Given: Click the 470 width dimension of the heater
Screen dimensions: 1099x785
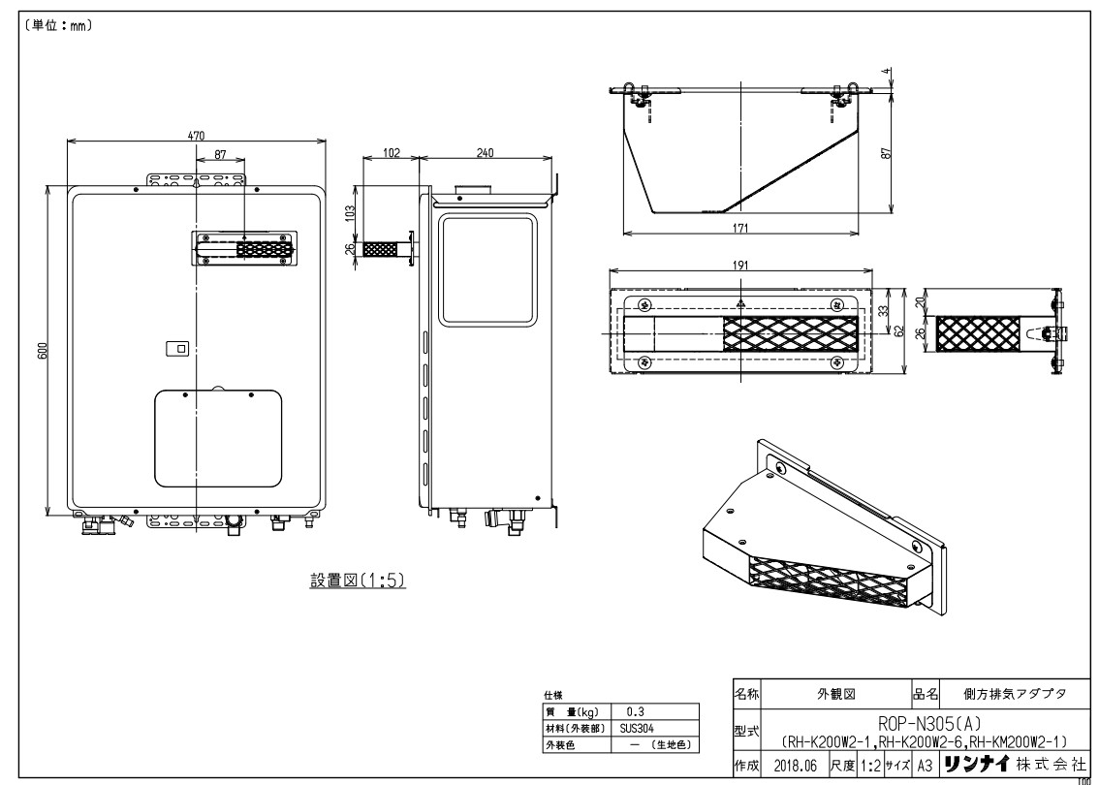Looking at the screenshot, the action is pos(196,136).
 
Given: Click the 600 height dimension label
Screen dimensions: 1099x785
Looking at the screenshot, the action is pos(43,351).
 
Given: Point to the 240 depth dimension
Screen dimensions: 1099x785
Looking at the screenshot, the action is pos(485,153).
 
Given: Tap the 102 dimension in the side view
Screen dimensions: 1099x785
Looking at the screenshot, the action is pos(392,153).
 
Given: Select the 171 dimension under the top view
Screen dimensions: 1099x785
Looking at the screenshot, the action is pos(740,228).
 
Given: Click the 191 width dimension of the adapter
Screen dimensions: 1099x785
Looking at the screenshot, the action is pos(740,265).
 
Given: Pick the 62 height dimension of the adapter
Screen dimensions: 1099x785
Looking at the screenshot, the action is pos(900,330).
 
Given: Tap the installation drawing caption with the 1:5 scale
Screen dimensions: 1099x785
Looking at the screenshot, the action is pos(358,581).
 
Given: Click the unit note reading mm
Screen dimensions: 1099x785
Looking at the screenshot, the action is pos(57,26).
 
